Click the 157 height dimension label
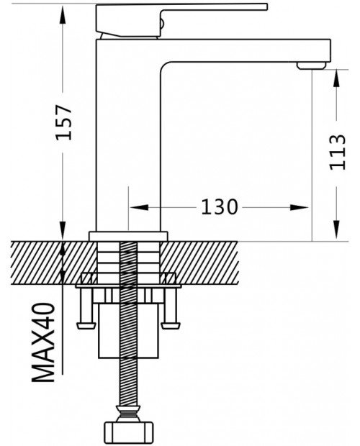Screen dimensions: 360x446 point(63,122)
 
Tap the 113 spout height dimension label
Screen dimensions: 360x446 point(337,152)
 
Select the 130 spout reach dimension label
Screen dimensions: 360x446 point(219,206)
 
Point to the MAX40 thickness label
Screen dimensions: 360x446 point(43,342)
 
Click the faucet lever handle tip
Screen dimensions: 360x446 point(266,6)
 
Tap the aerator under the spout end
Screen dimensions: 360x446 point(311,65)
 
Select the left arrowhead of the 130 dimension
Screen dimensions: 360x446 point(139,207)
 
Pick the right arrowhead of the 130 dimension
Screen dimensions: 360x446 point(299,207)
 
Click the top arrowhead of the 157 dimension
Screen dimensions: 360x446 point(63,15)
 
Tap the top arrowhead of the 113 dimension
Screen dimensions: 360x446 point(337,79)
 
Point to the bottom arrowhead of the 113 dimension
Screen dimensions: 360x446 point(337,229)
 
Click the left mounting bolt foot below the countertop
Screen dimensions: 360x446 point(86,325)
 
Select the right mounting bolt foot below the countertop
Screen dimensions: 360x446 point(171,325)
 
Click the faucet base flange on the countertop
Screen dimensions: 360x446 point(128,236)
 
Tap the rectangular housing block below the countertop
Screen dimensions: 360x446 point(128,330)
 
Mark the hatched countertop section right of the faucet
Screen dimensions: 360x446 point(199,263)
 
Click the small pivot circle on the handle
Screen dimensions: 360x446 point(161,23)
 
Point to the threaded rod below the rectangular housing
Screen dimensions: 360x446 point(128,382)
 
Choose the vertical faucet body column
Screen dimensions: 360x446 point(128,135)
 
